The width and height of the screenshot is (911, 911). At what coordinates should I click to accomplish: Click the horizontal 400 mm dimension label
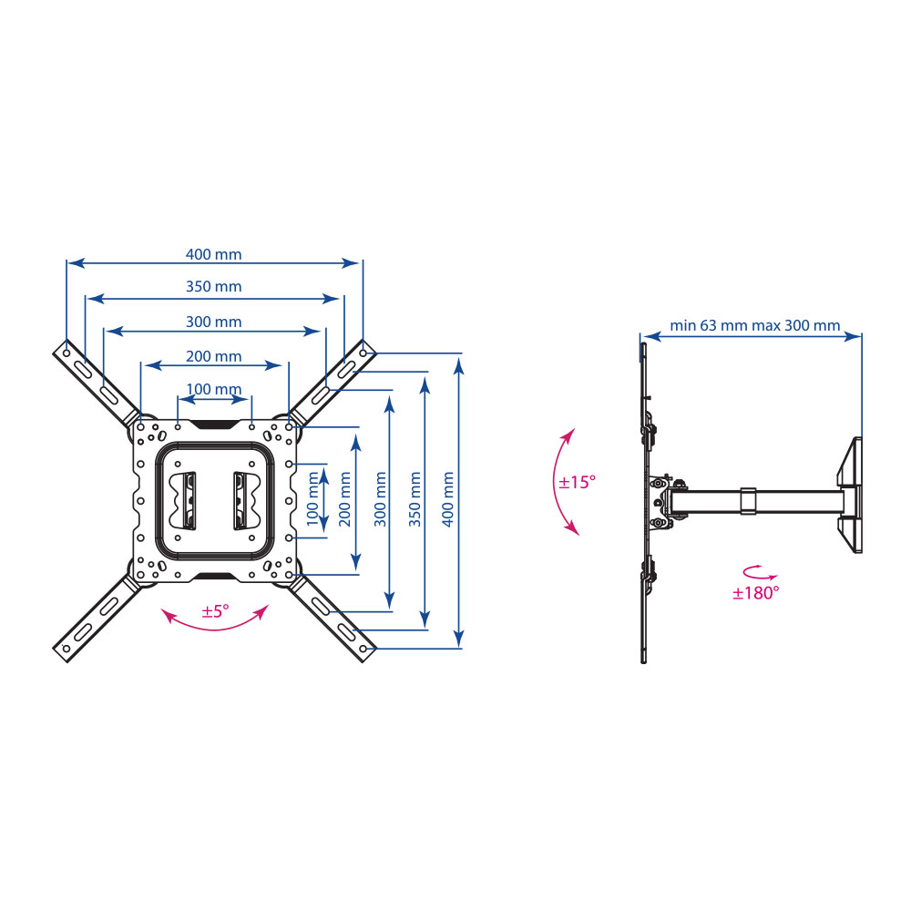coord(213,254)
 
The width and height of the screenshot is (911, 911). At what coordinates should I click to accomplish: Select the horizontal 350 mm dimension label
coord(213,286)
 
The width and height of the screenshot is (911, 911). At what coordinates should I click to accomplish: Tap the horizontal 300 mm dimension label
coord(213,322)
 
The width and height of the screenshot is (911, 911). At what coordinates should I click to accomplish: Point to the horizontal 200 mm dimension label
coord(213,356)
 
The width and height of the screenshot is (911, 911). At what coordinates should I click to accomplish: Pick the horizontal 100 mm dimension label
coord(213,389)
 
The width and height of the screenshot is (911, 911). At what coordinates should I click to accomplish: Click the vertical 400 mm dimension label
coord(448,499)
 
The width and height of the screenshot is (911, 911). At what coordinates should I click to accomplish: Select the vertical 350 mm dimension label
coord(415,499)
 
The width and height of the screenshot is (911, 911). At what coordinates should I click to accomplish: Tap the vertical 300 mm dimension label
coord(380,499)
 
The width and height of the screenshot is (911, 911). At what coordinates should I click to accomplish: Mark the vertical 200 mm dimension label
coord(345,499)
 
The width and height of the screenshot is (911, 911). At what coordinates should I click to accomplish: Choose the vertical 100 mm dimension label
coord(312,499)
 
